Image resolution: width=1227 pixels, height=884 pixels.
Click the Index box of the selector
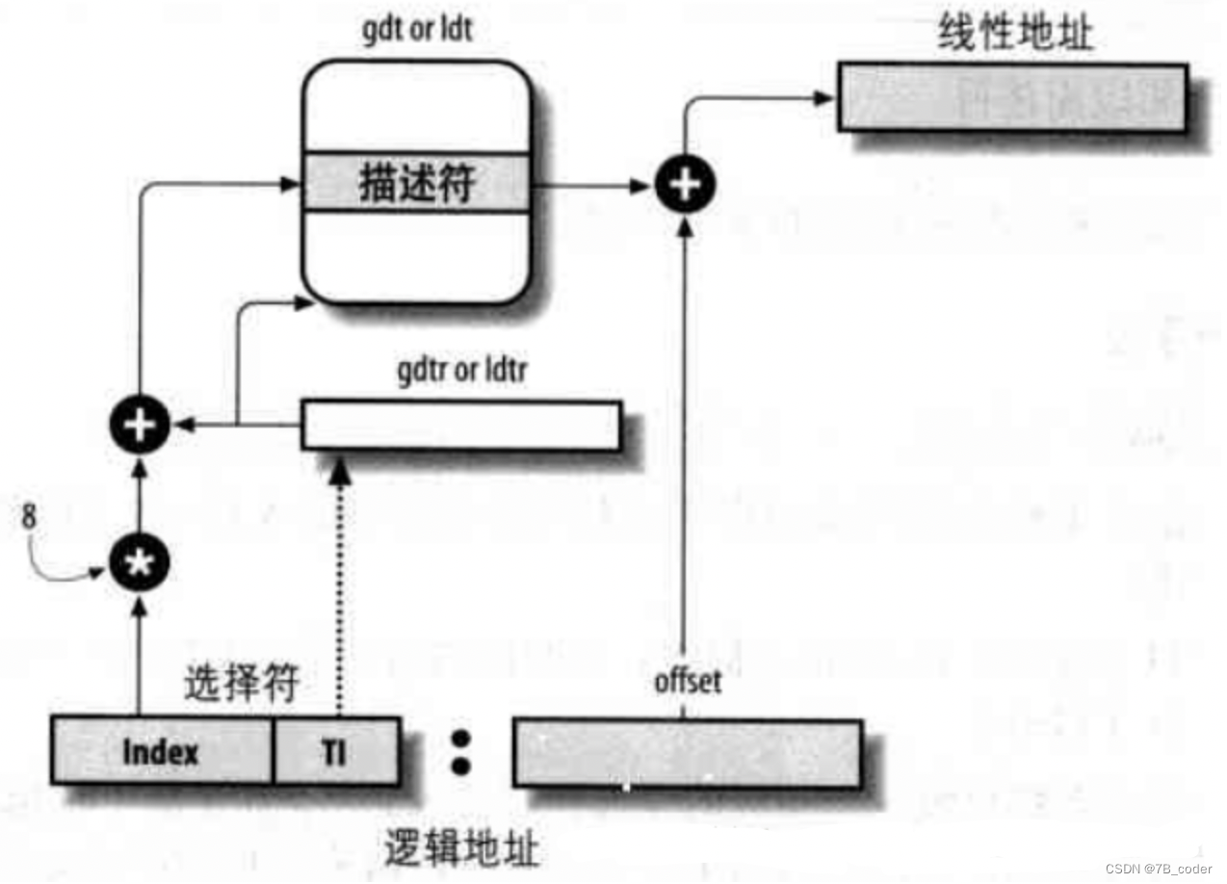pos(161,751)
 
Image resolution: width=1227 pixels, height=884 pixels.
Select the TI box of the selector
pos(336,751)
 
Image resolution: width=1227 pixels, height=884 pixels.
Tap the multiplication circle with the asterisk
pos(139,565)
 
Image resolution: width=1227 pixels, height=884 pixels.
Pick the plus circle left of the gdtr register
pos(141,425)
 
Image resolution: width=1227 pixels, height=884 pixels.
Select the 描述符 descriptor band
pos(416,183)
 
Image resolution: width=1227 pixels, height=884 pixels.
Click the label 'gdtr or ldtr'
pos(461,372)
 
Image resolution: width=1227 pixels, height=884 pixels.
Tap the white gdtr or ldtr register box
pos(460,426)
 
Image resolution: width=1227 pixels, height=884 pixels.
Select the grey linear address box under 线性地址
pos(1011,96)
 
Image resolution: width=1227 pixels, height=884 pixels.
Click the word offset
pos(688,681)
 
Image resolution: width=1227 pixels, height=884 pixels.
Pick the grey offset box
pos(686,752)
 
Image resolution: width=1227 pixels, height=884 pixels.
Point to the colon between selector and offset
pos(460,752)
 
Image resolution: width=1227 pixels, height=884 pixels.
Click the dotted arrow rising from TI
pos(339,587)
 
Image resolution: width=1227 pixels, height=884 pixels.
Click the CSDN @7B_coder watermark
pos(1158,869)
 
